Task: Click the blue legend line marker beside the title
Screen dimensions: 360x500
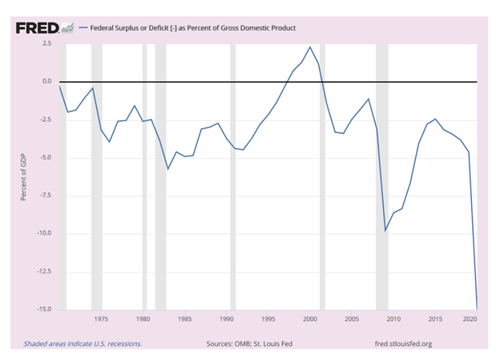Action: coord(83,28)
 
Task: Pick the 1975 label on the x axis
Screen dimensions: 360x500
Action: coord(101,320)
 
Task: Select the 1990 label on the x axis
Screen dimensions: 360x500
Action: coord(226,320)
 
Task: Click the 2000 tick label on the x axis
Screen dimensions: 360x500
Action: coord(310,320)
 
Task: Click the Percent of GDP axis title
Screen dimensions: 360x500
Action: coord(25,176)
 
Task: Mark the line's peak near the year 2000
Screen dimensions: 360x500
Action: coord(310,47)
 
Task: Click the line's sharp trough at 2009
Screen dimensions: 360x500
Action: coord(385,231)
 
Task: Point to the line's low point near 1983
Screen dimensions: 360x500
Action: coord(167,169)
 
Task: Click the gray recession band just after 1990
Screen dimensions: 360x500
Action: coord(233,176)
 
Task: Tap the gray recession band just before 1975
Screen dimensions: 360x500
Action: coord(96,176)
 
